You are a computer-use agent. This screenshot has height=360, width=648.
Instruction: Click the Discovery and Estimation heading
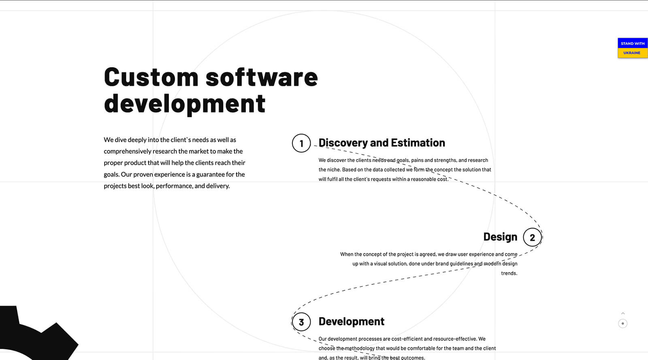coord(382,143)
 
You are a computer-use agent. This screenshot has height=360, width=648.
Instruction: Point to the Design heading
coord(500,237)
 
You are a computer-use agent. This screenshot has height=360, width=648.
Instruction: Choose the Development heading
coord(351,322)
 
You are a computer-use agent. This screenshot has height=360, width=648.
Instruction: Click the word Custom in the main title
coord(151,77)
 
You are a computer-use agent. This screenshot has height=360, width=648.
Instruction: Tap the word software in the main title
coord(262,77)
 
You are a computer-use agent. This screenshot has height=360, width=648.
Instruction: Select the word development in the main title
coord(185,104)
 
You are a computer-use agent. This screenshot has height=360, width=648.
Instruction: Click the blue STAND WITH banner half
coord(632,43)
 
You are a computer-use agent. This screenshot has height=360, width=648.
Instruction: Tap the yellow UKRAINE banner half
coord(632,53)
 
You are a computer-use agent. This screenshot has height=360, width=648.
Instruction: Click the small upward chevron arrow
coord(623,313)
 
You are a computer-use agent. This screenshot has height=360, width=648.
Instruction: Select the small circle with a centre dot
coord(623,324)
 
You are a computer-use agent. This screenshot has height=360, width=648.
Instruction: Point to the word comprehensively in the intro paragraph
coord(128,151)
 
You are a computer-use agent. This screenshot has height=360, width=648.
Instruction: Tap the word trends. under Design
coord(509,273)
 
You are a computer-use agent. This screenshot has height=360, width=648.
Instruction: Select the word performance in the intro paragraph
coord(174,186)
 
